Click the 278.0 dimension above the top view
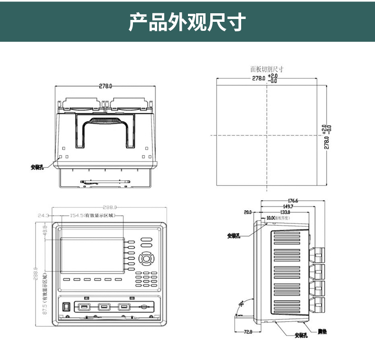click(105, 86)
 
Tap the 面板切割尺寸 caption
click(267, 69)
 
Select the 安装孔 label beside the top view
click(37, 167)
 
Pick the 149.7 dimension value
click(288, 206)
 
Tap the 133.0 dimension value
click(285, 212)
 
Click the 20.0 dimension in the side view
click(248, 212)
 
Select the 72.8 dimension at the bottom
click(248, 332)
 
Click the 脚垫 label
click(322, 332)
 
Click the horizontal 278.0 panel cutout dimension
click(258, 78)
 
